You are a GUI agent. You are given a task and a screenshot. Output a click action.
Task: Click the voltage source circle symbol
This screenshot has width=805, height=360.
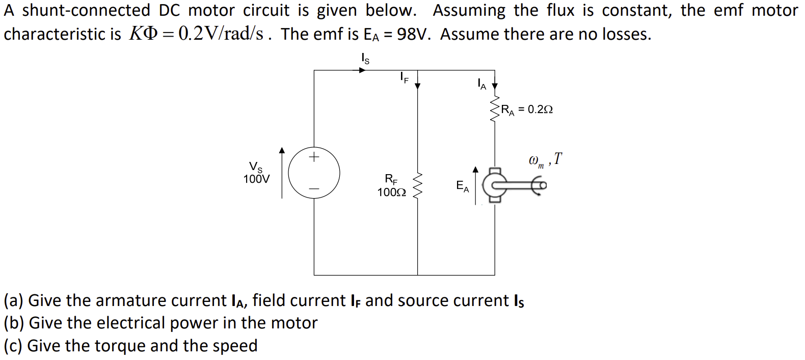click(314, 173)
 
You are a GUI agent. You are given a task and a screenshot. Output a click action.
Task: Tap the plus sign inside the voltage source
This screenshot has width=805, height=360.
click(314, 156)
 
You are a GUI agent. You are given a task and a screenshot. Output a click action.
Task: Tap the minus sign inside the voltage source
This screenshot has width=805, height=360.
click(314, 189)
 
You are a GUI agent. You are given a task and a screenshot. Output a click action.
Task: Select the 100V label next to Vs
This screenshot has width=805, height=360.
click(256, 179)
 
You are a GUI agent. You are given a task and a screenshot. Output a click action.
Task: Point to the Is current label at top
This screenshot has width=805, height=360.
click(365, 59)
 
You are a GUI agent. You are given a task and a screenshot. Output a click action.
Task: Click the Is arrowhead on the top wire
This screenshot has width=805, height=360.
click(362, 70)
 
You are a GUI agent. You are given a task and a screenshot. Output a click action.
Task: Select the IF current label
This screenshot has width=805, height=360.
click(404, 77)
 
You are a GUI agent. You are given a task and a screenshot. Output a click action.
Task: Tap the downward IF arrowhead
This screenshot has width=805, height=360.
click(418, 86)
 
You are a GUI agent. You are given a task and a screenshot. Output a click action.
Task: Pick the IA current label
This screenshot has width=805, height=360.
click(481, 84)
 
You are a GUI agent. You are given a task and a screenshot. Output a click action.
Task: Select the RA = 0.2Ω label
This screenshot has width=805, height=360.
click(527, 109)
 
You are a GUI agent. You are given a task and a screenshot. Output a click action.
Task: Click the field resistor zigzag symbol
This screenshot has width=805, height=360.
click(418, 186)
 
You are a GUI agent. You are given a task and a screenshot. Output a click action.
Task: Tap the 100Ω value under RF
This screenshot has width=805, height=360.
click(391, 192)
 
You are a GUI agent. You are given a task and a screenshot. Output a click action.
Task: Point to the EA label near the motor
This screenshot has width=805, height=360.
click(462, 186)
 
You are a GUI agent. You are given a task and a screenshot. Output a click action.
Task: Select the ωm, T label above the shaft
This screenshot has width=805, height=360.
click(545, 160)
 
